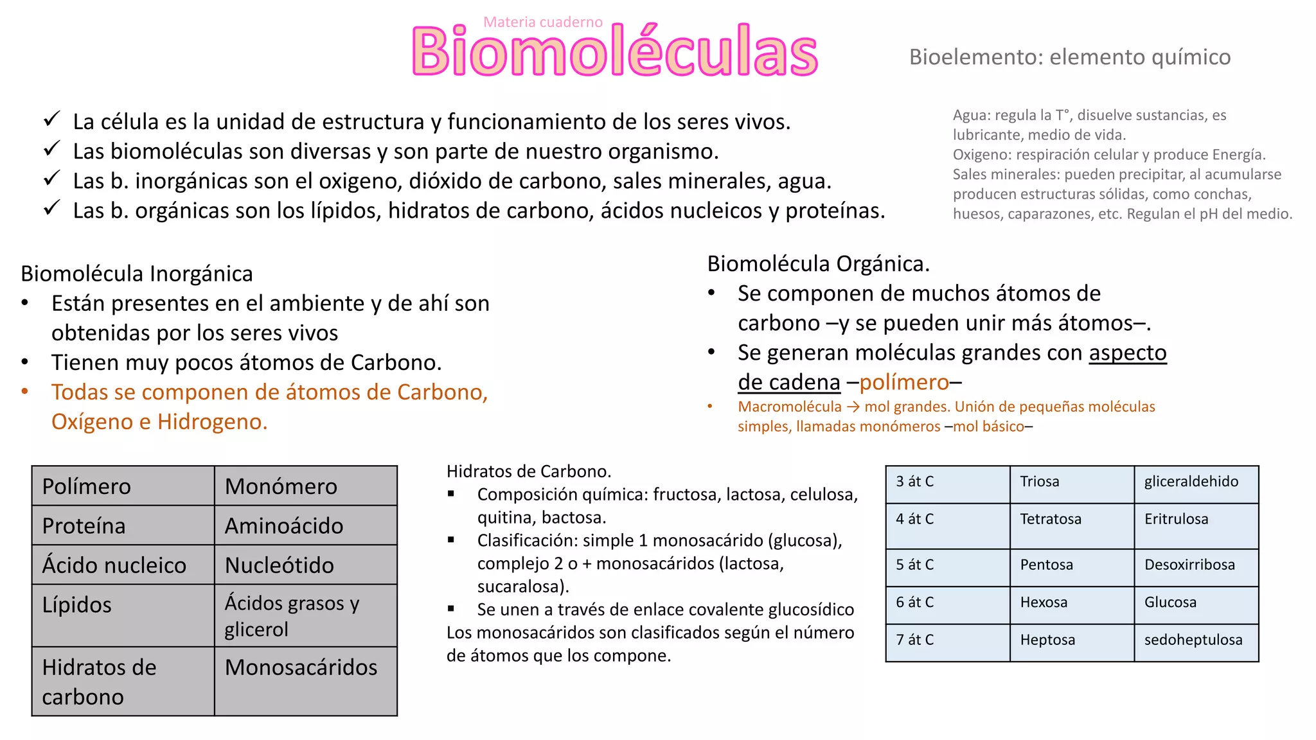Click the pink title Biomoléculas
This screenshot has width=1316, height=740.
click(x=614, y=51)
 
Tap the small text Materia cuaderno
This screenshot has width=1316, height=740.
click(x=543, y=22)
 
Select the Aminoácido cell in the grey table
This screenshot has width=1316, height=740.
click(x=305, y=525)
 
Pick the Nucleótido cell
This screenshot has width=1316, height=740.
click(x=305, y=565)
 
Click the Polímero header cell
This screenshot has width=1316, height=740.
click(x=123, y=486)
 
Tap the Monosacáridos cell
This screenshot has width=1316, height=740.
click(x=305, y=680)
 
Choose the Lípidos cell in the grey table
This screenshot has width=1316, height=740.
click(x=123, y=615)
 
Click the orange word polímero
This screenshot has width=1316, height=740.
click(x=903, y=382)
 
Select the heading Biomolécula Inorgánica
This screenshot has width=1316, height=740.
click(x=137, y=274)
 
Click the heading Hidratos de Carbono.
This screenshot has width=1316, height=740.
click(x=528, y=471)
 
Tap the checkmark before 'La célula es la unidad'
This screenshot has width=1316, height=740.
click(x=51, y=119)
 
